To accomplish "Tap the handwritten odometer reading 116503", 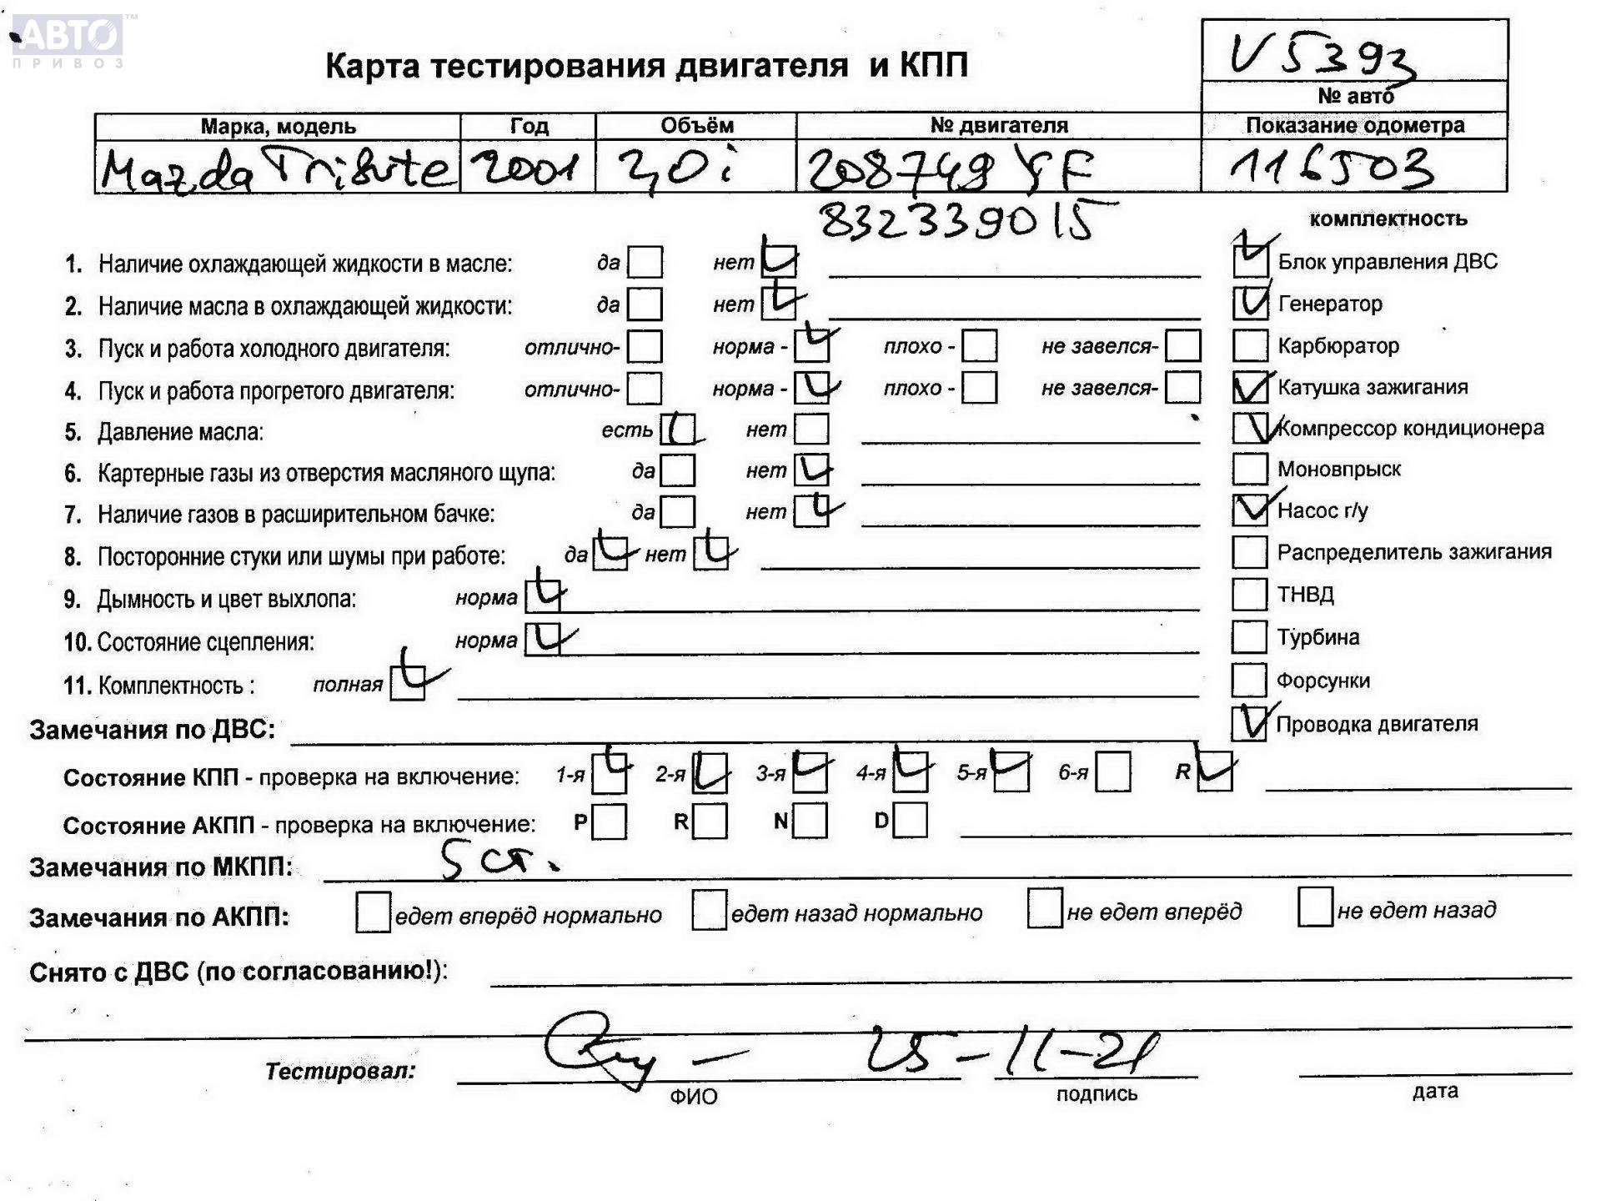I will click(1332, 168).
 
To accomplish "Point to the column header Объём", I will click(696, 126).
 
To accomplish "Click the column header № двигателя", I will click(998, 126).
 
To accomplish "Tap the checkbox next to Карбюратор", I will click(1249, 345).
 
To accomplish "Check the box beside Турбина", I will click(1249, 637).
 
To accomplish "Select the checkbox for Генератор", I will click(1250, 303).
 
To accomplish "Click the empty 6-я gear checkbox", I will click(1113, 772).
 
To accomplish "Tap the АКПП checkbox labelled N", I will click(810, 821).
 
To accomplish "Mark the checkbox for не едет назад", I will click(1315, 907).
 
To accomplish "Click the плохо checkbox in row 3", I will click(979, 345).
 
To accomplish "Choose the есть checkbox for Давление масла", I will click(678, 430).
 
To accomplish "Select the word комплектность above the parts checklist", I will click(1388, 219).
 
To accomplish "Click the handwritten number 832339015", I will click(957, 222).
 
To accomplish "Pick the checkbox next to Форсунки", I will click(1249, 680).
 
